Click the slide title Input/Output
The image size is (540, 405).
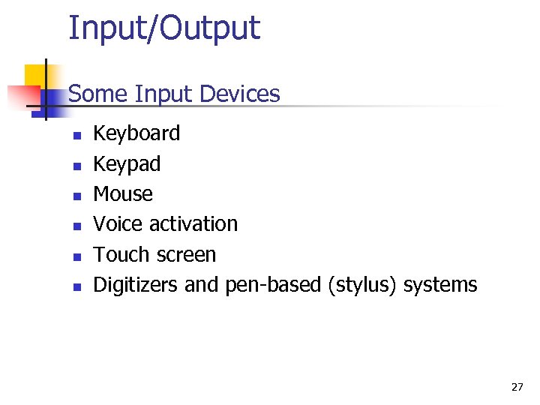(164, 28)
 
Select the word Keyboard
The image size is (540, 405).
(136, 133)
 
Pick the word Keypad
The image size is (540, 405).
(127, 164)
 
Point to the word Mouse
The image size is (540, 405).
(123, 194)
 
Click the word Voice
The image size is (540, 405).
(118, 224)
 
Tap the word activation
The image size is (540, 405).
(193, 224)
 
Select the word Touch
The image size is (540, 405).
(120, 255)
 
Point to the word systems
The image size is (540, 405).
(440, 286)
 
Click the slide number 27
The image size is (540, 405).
(517, 388)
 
